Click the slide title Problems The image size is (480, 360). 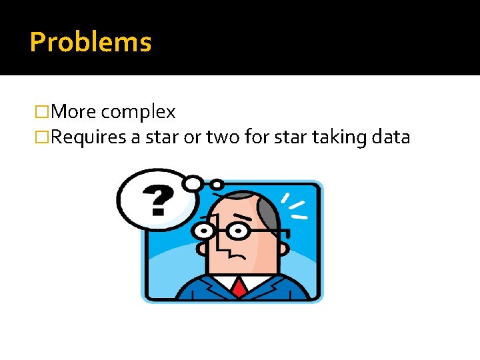click(91, 42)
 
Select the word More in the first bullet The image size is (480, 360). click(74, 112)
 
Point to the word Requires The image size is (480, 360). click(90, 138)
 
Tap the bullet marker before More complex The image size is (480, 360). click(44, 112)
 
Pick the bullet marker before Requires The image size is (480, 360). click(44, 138)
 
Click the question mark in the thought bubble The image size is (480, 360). click(159, 199)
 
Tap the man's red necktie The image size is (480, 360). click(239, 287)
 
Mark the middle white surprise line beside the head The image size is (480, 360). click(297, 204)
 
